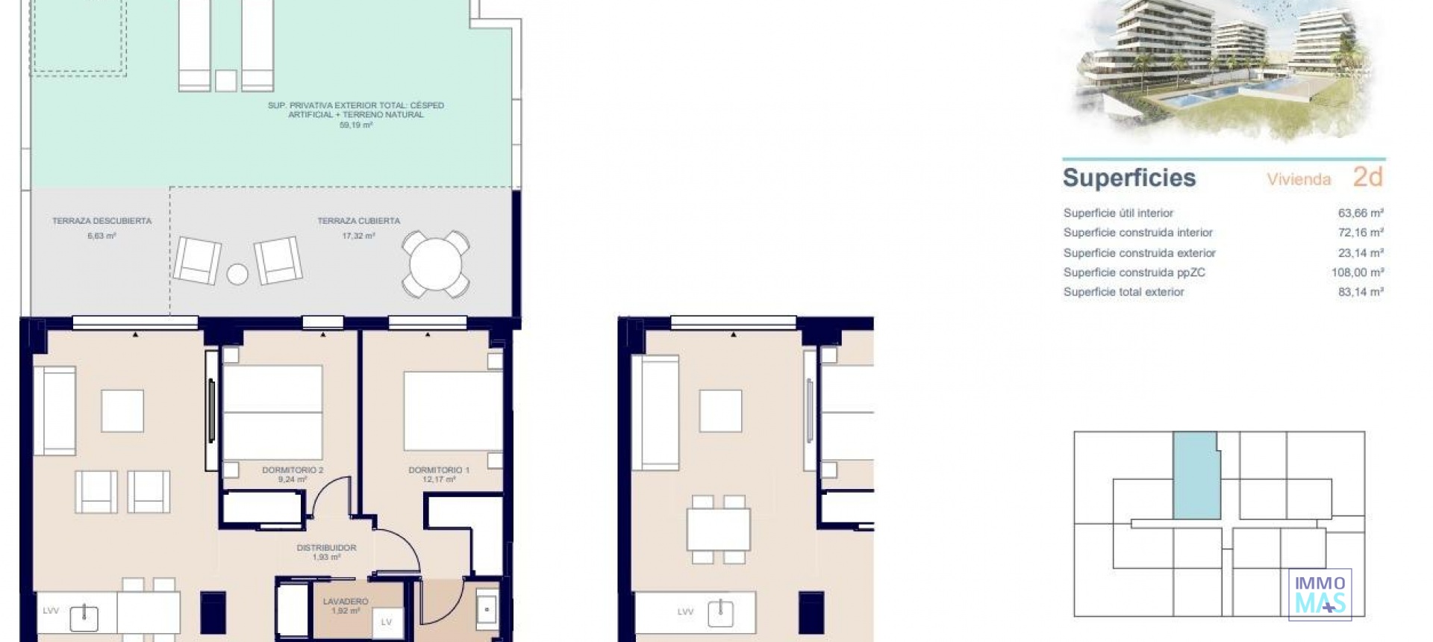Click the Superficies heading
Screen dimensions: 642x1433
(x=1128, y=178)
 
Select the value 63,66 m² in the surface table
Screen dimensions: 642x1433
(x=1360, y=213)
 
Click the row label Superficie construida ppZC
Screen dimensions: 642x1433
(x=1134, y=272)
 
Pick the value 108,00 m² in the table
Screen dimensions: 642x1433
(x=1357, y=272)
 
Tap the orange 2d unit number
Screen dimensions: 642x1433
(x=1367, y=177)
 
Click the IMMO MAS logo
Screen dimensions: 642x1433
(x=1320, y=594)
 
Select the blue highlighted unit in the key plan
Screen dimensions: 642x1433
(x=1196, y=476)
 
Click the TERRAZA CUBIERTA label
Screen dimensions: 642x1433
(x=358, y=221)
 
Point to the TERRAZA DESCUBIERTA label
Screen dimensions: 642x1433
(x=102, y=221)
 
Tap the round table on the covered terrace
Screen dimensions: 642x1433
(x=436, y=264)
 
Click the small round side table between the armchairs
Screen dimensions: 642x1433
(x=237, y=274)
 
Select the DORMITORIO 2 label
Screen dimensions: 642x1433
(x=293, y=470)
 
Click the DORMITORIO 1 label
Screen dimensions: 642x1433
(x=439, y=470)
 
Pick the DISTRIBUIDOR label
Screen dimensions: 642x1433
(x=326, y=548)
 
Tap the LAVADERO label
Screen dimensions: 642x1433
(x=346, y=602)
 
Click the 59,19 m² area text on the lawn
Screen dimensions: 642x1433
(x=355, y=125)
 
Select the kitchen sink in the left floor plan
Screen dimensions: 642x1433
(x=84, y=617)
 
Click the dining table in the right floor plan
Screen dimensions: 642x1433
(x=718, y=529)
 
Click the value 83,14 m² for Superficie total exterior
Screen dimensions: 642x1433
(x=1360, y=292)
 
